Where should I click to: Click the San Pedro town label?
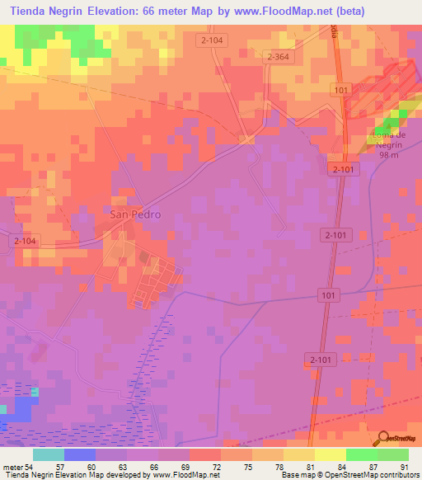pyautogui.click(x=135, y=214)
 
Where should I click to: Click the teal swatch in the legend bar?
pyautogui.click(x=49, y=454)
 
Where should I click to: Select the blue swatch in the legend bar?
pyautogui.click(x=80, y=454)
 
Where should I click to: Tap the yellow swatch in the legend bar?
pyautogui.click(x=330, y=454)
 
